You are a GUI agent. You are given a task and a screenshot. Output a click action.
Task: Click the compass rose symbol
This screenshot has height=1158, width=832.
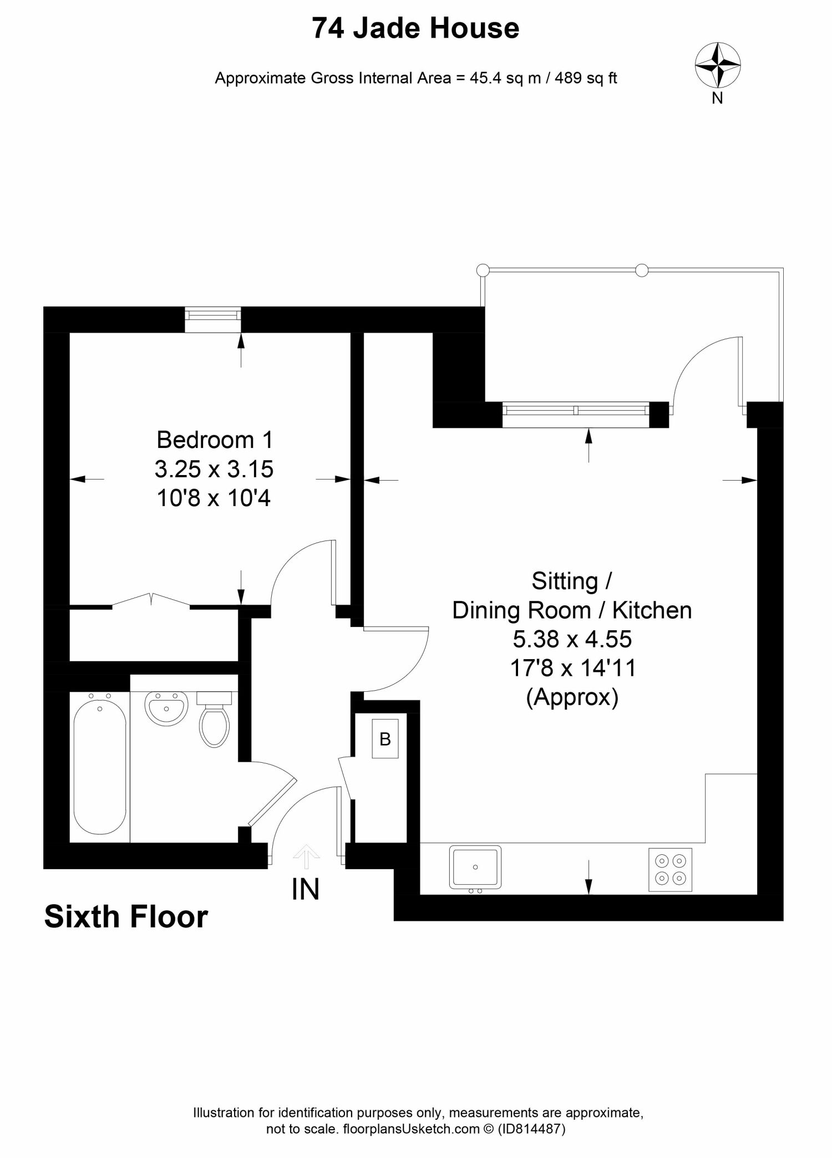click(x=718, y=65)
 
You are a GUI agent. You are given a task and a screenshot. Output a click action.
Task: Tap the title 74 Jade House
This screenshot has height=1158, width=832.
click(x=415, y=28)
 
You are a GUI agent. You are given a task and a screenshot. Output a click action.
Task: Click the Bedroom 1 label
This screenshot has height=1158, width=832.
click(x=215, y=440)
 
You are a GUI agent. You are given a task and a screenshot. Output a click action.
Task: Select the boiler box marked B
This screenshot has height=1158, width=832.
click(x=385, y=739)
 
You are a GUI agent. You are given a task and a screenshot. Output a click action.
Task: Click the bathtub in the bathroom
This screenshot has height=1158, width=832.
click(x=100, y=768)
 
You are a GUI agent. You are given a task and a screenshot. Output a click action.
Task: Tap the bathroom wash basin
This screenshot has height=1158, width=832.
click(x=166, y=708)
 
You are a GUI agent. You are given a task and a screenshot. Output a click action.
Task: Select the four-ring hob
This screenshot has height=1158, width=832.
click(x=670, y=870)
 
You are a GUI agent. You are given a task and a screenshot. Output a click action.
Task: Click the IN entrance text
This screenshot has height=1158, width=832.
click(x=306, y=890)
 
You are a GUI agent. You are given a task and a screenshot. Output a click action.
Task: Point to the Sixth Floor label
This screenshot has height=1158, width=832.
click(x=126, y=917)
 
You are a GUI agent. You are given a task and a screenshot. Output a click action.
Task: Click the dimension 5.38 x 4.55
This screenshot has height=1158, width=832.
click(x=572, y=639)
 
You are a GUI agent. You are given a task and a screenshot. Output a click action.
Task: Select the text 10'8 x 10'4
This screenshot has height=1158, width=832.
click(x=214, y=498)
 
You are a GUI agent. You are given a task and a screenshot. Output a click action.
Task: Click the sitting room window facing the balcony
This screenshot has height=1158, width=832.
click(x=575, y=411)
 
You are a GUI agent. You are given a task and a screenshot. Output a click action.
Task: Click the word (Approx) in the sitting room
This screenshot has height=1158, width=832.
click(x=572, y=697)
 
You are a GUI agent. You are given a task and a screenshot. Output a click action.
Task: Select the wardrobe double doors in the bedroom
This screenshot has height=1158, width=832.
click(x=151, y=600)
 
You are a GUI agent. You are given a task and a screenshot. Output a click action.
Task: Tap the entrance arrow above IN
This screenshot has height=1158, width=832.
click(x=306, y=857)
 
